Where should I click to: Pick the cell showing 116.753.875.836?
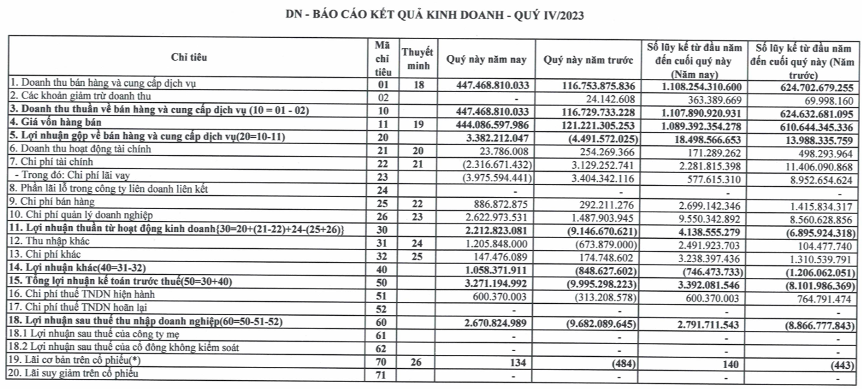pyautogui.click(x=597, y=85)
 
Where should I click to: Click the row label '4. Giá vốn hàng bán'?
pyautogui.click(x=46, y=123)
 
